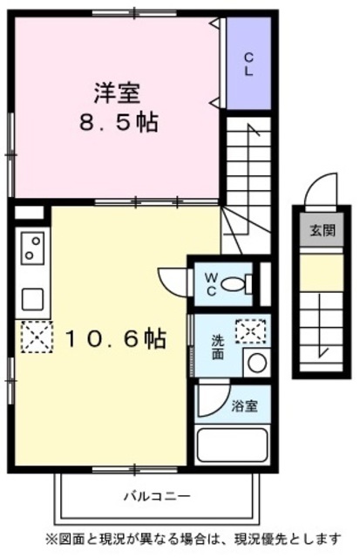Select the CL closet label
click(248, 65)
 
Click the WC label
click(211, 282)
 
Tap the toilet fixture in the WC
click(237, 282)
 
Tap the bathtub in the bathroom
click(231, 445)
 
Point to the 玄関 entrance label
click(321, 230)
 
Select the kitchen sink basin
click(33, 298)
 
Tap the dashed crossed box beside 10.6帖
click(37, 337)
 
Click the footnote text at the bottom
click(180, 538)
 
